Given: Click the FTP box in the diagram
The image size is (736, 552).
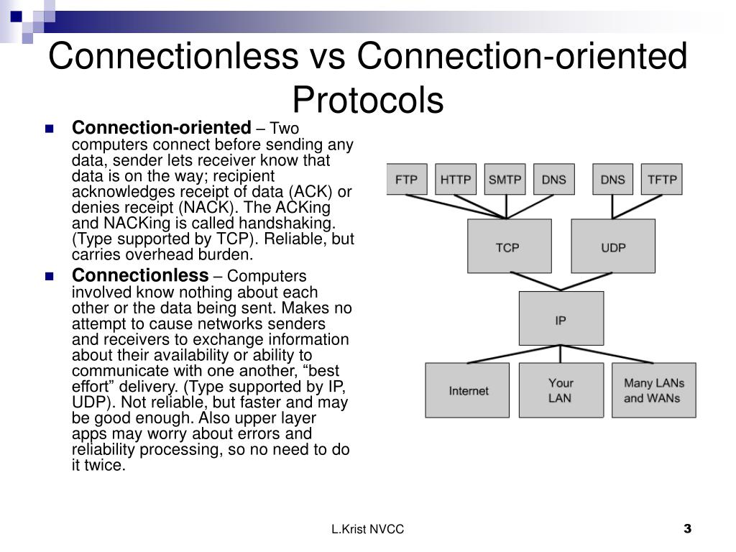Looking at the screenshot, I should pyautogui.click(x=406, y=179).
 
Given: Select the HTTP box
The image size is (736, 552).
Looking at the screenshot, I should pyautogui.click(x=456, y=179).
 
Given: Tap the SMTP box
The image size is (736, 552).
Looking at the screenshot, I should pyautogui.click(x=505, y=179).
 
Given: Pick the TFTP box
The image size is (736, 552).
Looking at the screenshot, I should pyautogui.click(x=662, y=179).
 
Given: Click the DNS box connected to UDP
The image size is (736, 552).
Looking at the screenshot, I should pyautogui.click(x=612, y=179).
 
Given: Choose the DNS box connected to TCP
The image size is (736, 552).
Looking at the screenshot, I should pyautogui.click(x=554, y=179).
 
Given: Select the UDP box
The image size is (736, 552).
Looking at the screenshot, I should pyautogui.click(x=613, y=247).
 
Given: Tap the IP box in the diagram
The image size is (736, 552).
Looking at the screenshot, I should pyautogui.click(x=561, y=318).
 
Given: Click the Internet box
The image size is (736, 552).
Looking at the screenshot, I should pyautogui.click(x=467, y=390).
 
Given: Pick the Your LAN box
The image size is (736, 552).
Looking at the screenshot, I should pyautogui.click(x=561, y=390).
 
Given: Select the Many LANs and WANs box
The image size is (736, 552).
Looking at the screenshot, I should pyautogui.click(x=653, y=390).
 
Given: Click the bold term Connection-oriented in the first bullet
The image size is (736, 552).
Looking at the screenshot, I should pyautogui.click(x=161, y=128).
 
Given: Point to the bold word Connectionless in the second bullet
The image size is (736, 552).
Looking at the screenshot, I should pyautogui.click(x=139, y=275).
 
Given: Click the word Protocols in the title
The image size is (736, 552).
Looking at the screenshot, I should pyautogui.click(x=367, y=100).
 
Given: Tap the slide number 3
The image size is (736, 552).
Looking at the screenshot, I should pyautogui.click(x=687, y=530).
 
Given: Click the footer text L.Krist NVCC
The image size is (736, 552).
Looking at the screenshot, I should pyautogui.click(x=367, y=530).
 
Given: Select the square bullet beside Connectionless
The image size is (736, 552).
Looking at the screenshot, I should pyautogui.click(x=50, y=276).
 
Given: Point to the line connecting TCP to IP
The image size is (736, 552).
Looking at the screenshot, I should pyautogui.click(x=535, y=281).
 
